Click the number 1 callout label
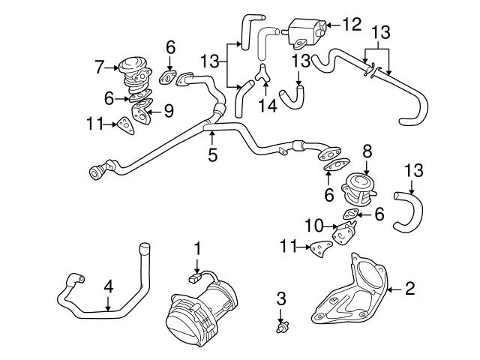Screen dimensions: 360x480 pos(197,247)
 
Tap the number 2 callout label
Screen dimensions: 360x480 pos(409,288)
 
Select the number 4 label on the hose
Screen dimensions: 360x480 pos(108,286)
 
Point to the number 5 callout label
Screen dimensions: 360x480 pos(212,155)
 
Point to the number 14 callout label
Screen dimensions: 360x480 pos(264,106)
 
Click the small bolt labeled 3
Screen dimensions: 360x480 pos(281,328)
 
